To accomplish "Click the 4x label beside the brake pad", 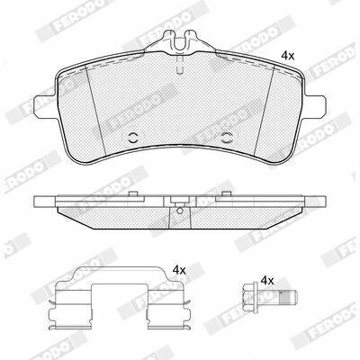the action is coord(288,56).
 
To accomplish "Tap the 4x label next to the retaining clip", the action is coord(179,271).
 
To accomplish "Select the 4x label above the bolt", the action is coord(267,281).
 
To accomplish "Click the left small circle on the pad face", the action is coord(132,138).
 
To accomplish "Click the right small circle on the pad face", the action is coord(227,138).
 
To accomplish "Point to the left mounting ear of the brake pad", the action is coord(45,105).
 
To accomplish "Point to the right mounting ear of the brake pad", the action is coord(314,105).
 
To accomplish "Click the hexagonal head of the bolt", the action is coord(247,298).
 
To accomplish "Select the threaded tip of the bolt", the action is coord(288,297).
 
